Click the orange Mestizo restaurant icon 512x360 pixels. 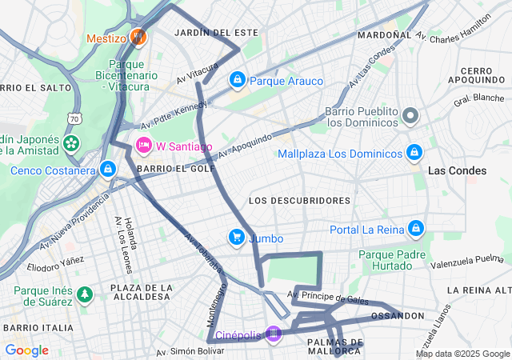pyautogui.click(x=138, y=37)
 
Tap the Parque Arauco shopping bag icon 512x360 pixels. pyautogui.click(x=238, y=80)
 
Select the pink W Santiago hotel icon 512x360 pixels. pyautogui.click(x=144, y=145)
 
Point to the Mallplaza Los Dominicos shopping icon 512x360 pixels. pyautogui.click(x=414, y=152)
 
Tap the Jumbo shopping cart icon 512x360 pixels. pyautogui.click(x=237, y=237)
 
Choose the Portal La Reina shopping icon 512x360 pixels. pyautogui.click(x=414, y=229)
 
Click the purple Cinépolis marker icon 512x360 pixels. pyautogui.click(x=274, y=334)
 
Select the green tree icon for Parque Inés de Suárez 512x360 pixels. pyautogui.click(x=85, y=294)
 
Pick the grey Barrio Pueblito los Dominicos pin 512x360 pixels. pyautogui.click(x=410, y=116)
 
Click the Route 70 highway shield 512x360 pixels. pyautogui.click(x=74, y=118)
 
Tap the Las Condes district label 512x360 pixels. pyautogui.click(x=457, y=170)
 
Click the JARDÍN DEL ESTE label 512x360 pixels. pyautogui.click(x=216, y=32)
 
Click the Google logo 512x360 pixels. pyautogui.click(x=26, y=350)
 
